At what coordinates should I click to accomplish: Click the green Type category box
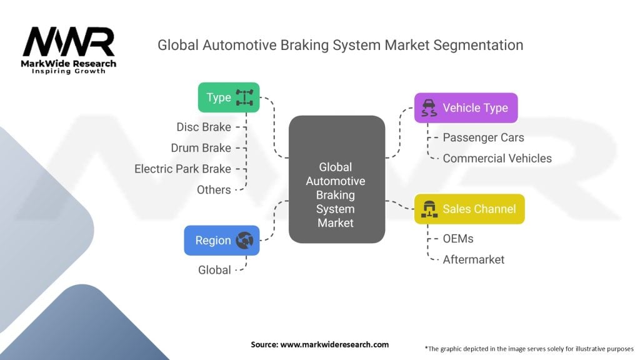pyautogui.click(x=228, y=97)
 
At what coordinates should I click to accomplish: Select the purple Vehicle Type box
pyautogui.click(x=466, y=107)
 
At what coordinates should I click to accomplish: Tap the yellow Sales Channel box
pyautogui.click(x=469, y=209)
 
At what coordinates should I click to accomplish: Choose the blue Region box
pyautogui.click(x=221, y=241)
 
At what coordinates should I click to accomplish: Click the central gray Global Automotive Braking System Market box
pyautogui.click(x=336, y=179)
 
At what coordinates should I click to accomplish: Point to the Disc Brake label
pyautogui.click(x=204, y=127)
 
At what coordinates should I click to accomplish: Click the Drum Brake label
pyautogui.click(x=201, y=148)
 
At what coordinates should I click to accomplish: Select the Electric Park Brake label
pyautogui.click(x=182, y=169)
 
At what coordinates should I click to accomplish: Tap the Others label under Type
pyautogui.click(x=214, y=189)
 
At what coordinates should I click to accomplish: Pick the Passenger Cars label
pyautogui.click(x=483, y=137)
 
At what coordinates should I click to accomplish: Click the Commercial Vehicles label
pyautogui.click(x=497, y=158)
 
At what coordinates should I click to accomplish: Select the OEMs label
pyautogui.click(x=458, y=238)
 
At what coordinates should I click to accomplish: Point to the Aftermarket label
pyautogui.click(x=473, y=259)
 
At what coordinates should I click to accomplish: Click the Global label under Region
pyautogui.click(x=214, y=270)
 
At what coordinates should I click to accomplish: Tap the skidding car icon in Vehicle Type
pyautogui.click(x=429, y=107)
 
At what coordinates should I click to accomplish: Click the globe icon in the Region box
pyautogui.click(x=244, y=241)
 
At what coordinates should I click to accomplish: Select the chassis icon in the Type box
pyautogui.click(x=242, y=97)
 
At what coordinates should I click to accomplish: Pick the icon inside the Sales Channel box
pyautogui.click(x=429, y=209)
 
